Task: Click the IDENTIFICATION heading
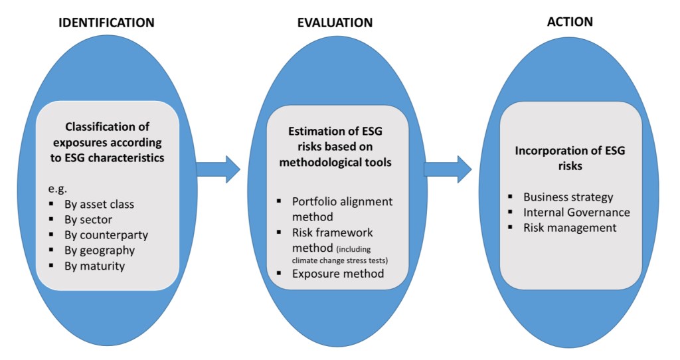(x=107, y=23)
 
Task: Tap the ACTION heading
(x=570, y=22)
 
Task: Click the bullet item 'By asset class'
(x=97, y=204)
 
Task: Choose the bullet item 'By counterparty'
(x=102, y=235)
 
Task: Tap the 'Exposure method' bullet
(x=338, y=273)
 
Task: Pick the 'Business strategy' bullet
(x=568, y=197)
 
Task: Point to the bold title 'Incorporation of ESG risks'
(x=570, y=158)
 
